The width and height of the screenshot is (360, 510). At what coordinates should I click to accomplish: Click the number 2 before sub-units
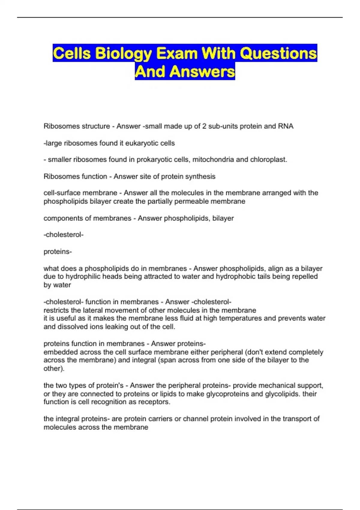(204, 126)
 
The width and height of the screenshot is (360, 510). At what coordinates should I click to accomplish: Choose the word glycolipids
(282, 394)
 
